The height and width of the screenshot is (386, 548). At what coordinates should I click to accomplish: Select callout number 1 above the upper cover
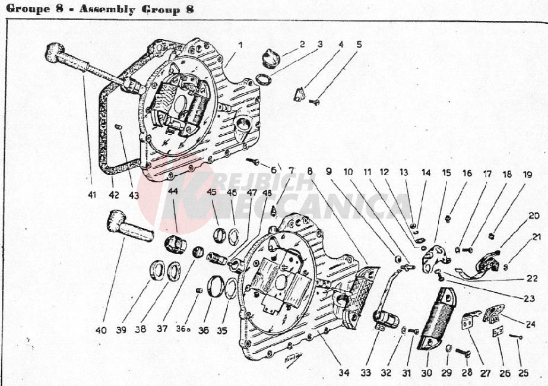240,45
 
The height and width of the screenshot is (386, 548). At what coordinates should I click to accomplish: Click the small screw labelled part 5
315,102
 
